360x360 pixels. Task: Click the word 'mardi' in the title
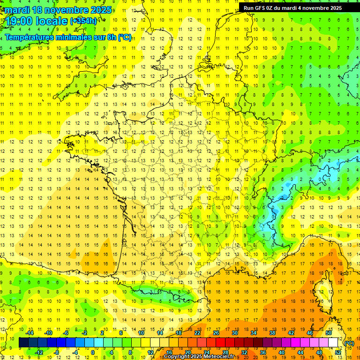click(x=17, y=10)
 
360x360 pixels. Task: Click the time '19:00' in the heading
click(x=20, y=21)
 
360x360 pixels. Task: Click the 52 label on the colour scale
click(x=337, y=352)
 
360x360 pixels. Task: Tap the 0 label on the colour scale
click(x=92, y=352)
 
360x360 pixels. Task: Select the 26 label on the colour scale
click(x=216, y=333)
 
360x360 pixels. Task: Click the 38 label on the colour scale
click(x=271, y=333)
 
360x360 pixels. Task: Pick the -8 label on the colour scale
click(x=56, y=352)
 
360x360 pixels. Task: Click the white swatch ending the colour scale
click(x=333, y=343)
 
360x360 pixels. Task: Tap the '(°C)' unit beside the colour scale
click(x=349, y=343)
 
